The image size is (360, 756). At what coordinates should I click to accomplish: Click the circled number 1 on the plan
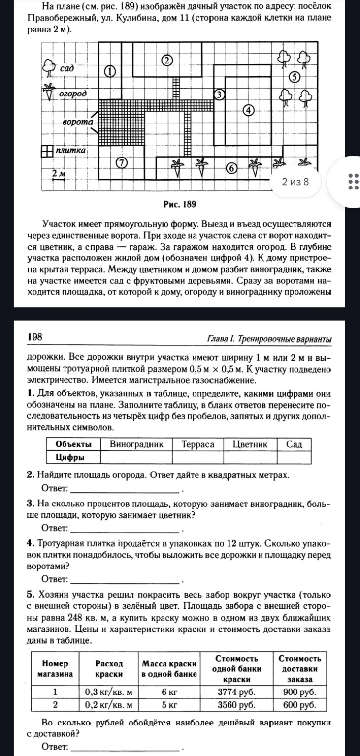tap(110, 71)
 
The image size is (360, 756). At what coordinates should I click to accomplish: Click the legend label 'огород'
tap(73, 93)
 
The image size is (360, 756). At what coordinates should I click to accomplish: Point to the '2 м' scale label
tap(59, 173)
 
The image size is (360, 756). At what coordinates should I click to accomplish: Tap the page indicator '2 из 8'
tap(295, 182)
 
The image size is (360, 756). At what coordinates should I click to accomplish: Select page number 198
tap(35, 337)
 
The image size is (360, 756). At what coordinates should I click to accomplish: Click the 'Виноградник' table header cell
tap(136, 444)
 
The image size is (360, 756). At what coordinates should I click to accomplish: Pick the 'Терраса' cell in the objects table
tap(198, 444)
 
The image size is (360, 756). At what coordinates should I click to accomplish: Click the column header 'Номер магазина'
tap(54, 667)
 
